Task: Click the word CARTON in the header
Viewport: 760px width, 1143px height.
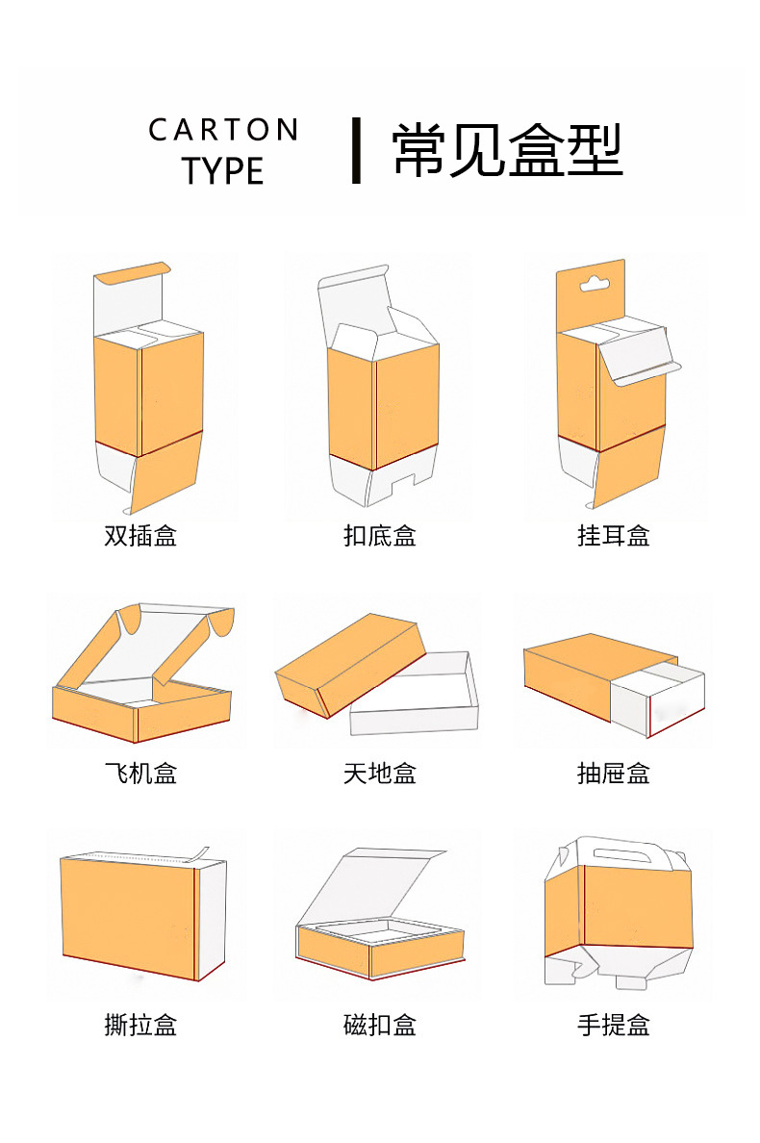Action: pos(223,130)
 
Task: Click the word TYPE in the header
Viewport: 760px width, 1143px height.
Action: pos(223,171)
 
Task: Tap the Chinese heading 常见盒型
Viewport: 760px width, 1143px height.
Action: pos(507,150)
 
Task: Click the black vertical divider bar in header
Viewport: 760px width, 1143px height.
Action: pos(356,150)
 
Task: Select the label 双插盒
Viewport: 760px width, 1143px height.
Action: pos(140,535)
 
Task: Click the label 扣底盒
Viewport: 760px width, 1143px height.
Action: pos(380,535)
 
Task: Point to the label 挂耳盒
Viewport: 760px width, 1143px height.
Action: pos(614,535)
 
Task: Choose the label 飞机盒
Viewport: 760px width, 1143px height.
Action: pos(140,773)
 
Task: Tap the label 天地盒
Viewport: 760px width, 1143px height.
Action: pos(380,773)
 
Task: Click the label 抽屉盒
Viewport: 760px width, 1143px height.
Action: pos(614,773)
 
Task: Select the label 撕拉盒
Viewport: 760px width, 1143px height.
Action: pos(140,1025)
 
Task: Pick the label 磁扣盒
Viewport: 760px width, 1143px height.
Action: pos(380,1025)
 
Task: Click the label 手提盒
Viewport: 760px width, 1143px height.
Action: pos(614,1025)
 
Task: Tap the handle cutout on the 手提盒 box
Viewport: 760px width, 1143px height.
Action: pos(618,852)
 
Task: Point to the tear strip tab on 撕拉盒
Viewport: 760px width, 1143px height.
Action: pos(198,852)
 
